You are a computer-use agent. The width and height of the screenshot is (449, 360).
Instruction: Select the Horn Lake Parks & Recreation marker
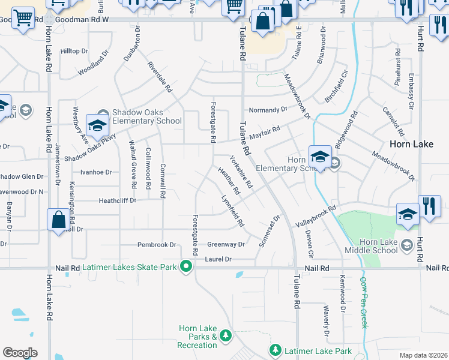226,335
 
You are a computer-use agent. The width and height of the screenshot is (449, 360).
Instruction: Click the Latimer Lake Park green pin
276,349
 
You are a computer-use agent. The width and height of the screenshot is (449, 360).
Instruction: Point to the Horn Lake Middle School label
372,246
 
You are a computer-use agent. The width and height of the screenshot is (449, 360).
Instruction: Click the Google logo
20,352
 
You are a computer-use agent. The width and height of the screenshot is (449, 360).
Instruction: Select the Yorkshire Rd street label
241,172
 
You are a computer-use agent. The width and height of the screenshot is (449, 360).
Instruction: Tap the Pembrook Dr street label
156,245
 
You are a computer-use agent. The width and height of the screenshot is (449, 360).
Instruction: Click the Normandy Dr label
268,110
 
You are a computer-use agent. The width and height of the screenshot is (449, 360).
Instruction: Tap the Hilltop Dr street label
74,51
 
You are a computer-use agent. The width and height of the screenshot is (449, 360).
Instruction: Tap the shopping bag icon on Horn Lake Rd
58,220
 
